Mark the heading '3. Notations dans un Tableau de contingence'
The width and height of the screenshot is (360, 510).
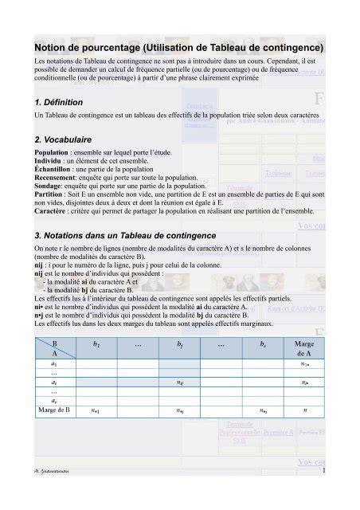[119, 237]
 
